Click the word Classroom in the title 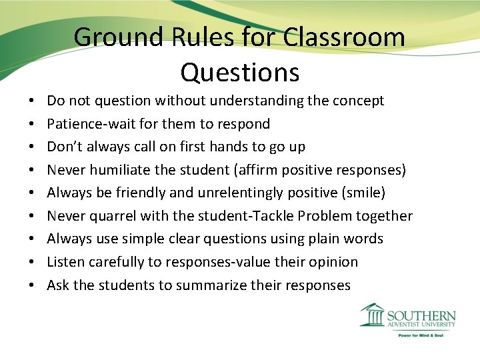click(x=344, y=37)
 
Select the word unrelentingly click(x=238, y=193)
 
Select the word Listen click(x=65, y=262)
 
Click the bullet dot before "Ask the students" click(x=32, y=285)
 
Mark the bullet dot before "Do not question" click(x=32, y=101)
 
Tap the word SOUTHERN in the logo click(x=421, y=316)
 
